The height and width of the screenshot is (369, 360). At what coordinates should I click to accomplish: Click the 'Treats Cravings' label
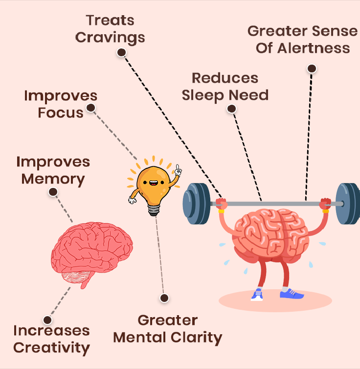click(110, 29)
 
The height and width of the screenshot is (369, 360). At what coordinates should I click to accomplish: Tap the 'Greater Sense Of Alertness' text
click(303, 40)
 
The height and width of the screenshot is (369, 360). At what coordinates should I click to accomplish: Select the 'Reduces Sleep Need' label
click(225, 87)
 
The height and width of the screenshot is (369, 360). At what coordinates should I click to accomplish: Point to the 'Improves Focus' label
click(61, 104)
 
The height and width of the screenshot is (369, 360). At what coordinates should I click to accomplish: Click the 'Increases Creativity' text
click(51, 339)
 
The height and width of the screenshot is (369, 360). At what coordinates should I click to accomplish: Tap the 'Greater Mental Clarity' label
click(168, 329)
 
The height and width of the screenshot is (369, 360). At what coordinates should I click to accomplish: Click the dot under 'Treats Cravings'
click(122, 52)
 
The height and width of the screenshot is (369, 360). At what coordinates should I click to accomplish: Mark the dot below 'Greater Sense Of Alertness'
click(312, 69)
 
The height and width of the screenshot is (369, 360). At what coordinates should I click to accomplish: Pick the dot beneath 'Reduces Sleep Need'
click(232, 109)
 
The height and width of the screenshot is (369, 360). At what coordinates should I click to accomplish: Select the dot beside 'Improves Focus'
click(91, 108)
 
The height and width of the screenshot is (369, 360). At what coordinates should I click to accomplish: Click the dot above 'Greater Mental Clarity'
click(164, 298)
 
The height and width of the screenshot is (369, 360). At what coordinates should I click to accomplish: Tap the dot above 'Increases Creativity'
click(47, 320)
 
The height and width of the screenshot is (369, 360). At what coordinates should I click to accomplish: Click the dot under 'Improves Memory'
click(53, 192)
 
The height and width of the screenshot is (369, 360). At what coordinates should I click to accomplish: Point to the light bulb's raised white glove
click(178, 171)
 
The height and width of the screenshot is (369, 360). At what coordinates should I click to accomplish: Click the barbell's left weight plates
click(197, 204)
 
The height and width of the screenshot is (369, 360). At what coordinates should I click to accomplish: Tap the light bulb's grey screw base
click(154, 210)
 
